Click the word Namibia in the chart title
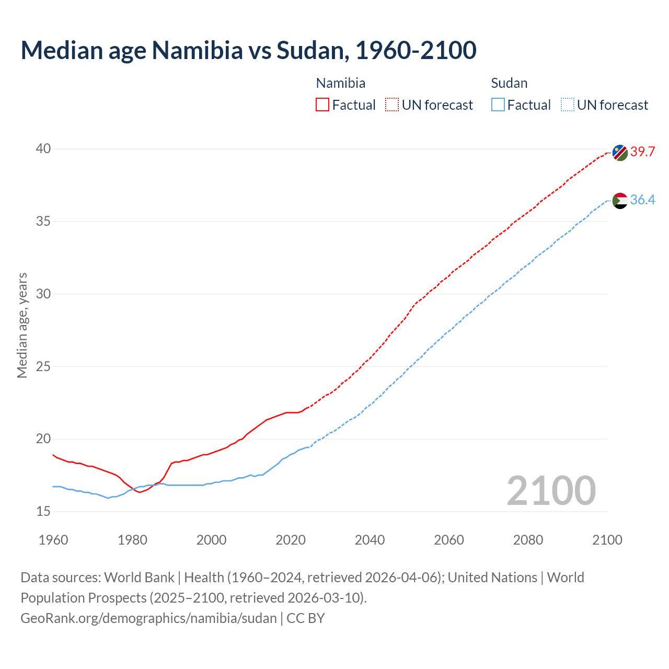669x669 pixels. click(198, 50)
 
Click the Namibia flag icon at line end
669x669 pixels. click(620, 153)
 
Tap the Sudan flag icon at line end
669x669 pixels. click(620, 201)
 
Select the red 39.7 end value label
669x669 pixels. click(642, 152)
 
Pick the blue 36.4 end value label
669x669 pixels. click(642, 200)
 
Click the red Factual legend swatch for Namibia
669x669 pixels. click(322, 105)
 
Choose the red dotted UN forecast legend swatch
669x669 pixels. click(392, 105)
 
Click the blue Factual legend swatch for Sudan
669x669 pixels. click(498, 105)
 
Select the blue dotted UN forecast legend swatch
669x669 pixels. click(568, 105)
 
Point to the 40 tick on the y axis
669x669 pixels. click(43, 149)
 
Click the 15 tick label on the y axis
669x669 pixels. click(43, 511)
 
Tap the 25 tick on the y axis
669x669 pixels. click(43, 366)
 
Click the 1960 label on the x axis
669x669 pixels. click(53, 540)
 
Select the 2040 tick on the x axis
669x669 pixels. click(370, 540)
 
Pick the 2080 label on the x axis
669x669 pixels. click(528, 540)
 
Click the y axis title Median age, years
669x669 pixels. click(22, 325)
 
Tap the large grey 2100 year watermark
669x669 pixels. click(551, 490)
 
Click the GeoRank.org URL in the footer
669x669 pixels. click(148, 618)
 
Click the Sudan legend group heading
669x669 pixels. click(509, 83)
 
